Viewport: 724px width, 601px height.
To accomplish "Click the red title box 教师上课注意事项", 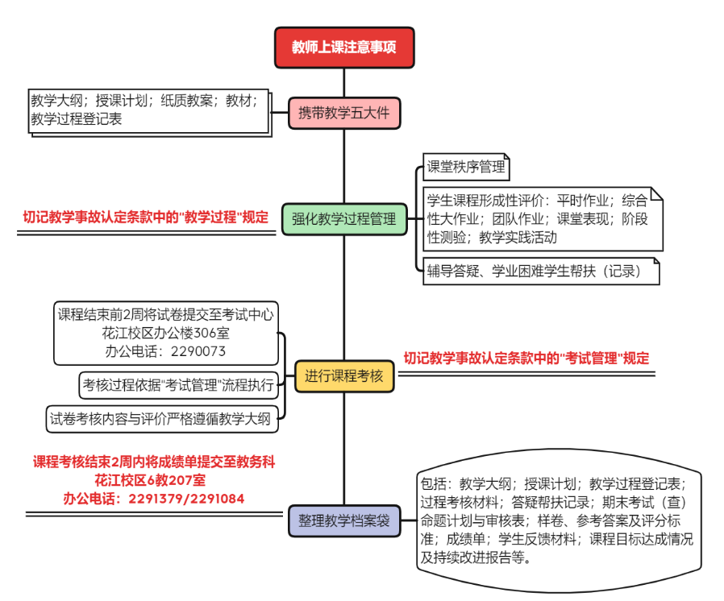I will coord(344,48).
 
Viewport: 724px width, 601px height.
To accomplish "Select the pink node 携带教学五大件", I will coord(344,113).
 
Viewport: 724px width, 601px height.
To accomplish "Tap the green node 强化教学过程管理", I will coord(344,218).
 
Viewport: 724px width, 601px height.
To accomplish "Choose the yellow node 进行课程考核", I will coord(344,376).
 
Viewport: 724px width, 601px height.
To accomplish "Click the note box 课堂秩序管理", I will coord(466,167).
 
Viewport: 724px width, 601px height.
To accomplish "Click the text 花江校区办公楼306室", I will coord(166,333).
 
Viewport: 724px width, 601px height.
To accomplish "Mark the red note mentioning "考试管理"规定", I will coord(526,359).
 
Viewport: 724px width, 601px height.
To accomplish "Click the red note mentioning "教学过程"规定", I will coord(146,217).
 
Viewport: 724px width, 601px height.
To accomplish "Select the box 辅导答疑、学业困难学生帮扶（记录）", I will coord(535,271).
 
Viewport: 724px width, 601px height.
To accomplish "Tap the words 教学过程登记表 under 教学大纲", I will coord(76,119).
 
